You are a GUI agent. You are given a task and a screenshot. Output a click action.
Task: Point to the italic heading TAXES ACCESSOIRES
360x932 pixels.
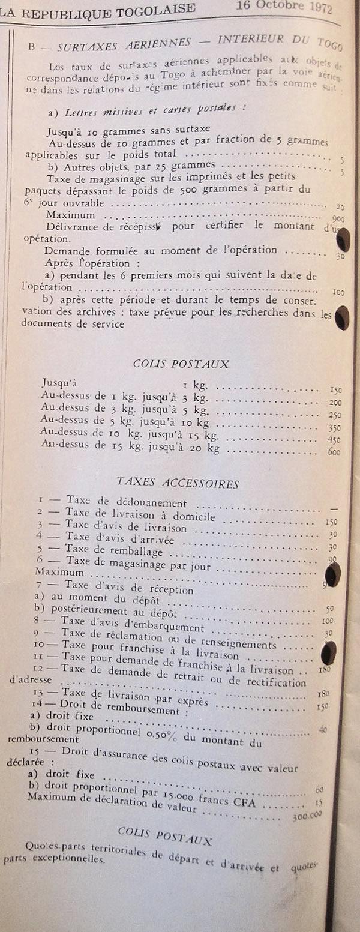click(178, 483)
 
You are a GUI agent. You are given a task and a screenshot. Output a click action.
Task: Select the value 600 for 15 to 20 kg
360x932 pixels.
click(334, 452)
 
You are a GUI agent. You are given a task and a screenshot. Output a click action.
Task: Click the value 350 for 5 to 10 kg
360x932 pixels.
click(334, 428)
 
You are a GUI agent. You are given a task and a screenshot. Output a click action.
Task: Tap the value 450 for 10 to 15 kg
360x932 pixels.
click(334, 440)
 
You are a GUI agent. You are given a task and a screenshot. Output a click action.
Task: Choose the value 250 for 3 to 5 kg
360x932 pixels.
click(334, 415)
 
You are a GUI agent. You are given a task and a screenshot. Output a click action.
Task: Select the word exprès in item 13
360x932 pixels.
click(189, 699)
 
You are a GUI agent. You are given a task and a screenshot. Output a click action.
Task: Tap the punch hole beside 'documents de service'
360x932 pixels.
click(341, 317)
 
